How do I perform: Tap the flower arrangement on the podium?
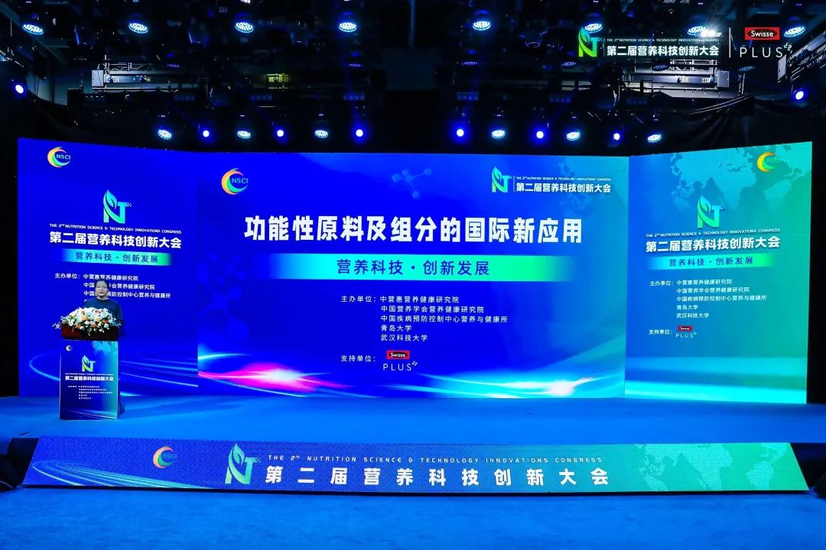[x=89, y=321]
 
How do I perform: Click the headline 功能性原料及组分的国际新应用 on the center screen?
[x=413, y=229]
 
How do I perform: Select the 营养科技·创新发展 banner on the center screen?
[x=413, y=268]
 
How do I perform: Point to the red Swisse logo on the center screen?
[x=398, y=355]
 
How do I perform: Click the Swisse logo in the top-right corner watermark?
[x=761, y=34]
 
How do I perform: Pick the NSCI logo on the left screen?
[x=59, y=157]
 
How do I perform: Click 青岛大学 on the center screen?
[x=396, y=328]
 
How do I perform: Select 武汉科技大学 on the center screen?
[x=404, y=338]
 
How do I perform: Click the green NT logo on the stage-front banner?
[x=241, y=465]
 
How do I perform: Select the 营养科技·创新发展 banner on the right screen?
[x=711, y=261]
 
